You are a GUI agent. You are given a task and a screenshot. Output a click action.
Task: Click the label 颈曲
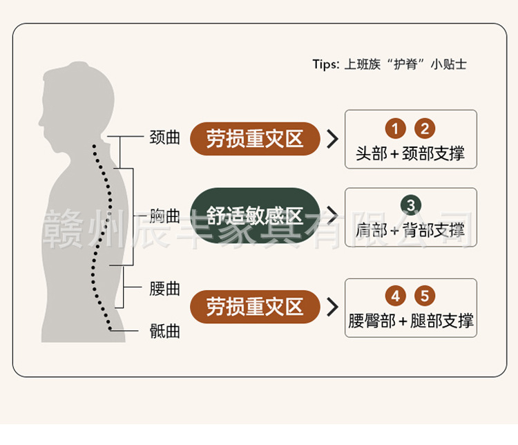[x=164, y=138]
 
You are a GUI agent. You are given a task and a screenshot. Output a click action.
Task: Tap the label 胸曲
[x=164, y=216]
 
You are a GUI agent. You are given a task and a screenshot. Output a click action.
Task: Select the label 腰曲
[x=164, y=289]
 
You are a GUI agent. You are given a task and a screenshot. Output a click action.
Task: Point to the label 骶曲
[x=164, y=331]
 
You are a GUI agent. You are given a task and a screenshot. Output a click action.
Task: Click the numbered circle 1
[x=396, y=129]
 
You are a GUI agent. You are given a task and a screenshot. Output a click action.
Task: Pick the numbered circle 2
[x=425, y=129]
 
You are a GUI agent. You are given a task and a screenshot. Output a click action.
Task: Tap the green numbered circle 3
[x=411, y=205]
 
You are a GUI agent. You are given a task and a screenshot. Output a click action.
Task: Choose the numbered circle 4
[x=396, y=296]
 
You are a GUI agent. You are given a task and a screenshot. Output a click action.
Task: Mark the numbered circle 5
[x=425, y=296]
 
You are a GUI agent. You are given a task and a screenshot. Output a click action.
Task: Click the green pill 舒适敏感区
[x=255, y=216]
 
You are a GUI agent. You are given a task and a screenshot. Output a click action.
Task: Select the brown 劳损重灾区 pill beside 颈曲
[x=255, y=139]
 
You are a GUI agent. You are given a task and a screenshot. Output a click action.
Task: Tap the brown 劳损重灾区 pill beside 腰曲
[x=255, y=307]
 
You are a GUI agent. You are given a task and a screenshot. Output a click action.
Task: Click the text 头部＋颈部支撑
[x=410, y=153]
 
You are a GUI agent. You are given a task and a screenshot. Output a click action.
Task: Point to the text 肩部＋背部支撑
[x=410, y=230]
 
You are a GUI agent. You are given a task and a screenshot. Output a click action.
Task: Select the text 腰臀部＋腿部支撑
[x=411, y=321]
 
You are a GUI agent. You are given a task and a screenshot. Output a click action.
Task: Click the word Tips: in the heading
[x=326, y=64]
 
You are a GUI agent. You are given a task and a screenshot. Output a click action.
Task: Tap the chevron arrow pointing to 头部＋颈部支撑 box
[x=333, y=139]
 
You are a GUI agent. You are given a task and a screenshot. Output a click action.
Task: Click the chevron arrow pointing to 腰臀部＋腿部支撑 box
[x=333, y=307]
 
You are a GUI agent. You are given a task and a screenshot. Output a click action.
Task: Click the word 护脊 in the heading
[x=405, y=64]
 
